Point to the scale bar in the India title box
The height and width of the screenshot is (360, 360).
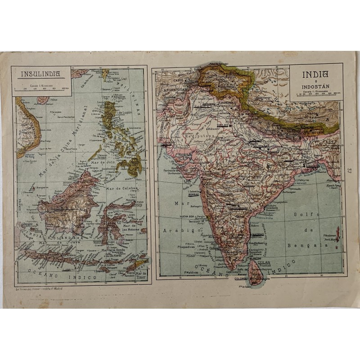click(315, 95)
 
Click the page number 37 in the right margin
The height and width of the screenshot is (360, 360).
click(349, 171)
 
